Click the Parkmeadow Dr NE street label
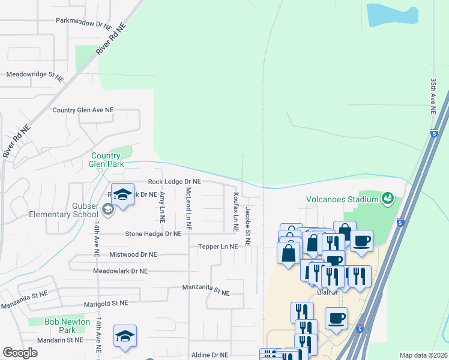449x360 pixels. point(84,28)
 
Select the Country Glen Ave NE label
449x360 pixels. point(83,110)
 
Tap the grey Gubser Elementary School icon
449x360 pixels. point(107,209)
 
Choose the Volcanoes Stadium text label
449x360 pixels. point(342,199)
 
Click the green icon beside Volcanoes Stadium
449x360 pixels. point(387,199)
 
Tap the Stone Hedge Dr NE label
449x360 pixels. point(153,234)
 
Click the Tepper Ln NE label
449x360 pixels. point(218,247)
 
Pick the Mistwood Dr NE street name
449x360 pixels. point(133,254)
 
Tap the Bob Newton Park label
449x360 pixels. point(67,326)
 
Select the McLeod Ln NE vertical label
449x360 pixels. point(188,209)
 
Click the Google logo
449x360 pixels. point(20,353)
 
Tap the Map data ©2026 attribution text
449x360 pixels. point(423,355)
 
